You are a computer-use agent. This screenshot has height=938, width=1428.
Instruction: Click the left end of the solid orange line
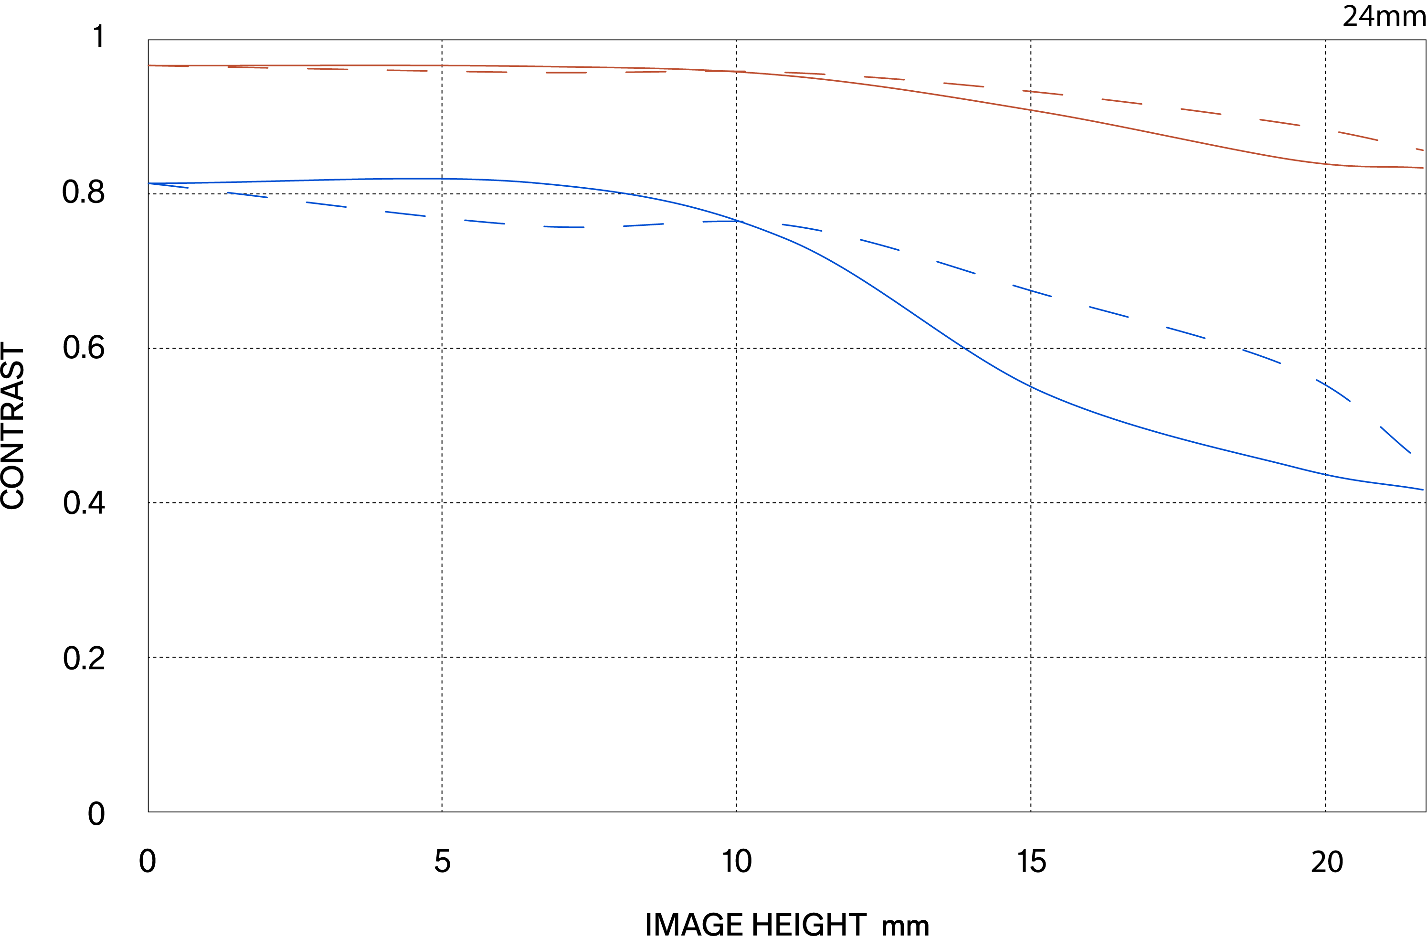tap(149, 65)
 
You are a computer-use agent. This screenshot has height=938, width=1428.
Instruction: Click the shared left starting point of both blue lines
tap(149, 184)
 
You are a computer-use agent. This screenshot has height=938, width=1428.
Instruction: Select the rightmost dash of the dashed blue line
tap(1396, 440)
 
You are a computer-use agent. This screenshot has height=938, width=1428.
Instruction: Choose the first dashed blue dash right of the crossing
tap(802, 227)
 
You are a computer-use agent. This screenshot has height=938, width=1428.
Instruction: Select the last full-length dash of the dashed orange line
tap(1358, 136)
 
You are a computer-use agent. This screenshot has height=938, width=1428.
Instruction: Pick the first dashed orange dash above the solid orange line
tap(804, 73)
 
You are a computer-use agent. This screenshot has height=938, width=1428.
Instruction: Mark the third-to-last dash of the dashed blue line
tap(1261, 356)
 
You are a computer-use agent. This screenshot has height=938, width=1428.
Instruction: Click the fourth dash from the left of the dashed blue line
tap(405, 213)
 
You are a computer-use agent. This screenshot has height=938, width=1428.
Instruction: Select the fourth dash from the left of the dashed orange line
tap(407, 70)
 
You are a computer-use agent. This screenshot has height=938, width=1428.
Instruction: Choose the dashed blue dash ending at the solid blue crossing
tap(723, 222)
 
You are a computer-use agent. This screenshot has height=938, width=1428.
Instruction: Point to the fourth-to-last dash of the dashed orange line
tap(1201, 111)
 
